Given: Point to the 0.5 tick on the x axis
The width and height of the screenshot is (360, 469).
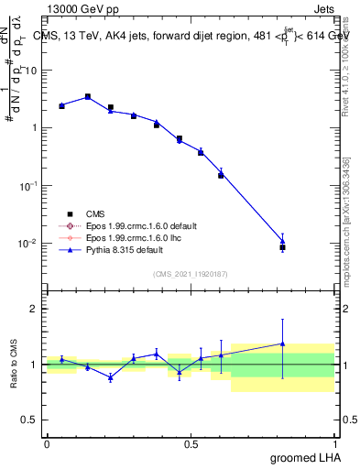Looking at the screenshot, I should [x=191, y=443].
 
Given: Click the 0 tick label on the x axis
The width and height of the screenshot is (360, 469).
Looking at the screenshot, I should [x=47, y=443].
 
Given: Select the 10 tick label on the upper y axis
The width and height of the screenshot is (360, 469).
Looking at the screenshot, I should [x=30, y=70].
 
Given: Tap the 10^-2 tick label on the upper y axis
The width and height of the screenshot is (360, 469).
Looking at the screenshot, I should [x=27, y=243].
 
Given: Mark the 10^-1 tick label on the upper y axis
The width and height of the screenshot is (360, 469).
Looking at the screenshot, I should [x=27, y=185].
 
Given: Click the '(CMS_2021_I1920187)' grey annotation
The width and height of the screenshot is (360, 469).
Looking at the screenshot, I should [x=191, y=273].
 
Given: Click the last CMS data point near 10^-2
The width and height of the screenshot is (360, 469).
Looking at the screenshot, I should [x=282, y=247].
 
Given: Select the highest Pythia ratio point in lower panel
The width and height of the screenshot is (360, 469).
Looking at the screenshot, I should [x=282, y=344].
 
